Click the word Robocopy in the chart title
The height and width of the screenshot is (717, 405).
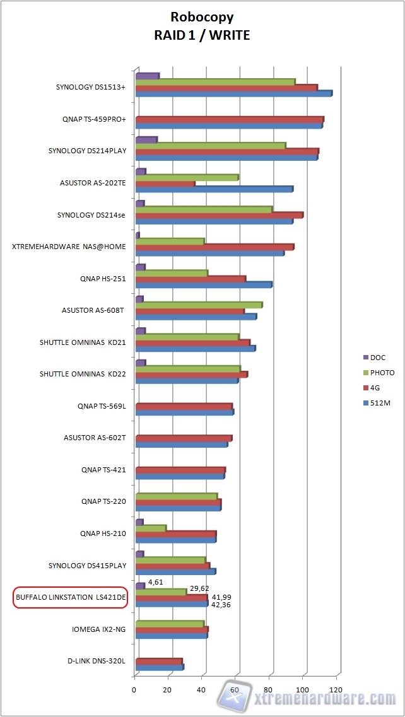point(202,17)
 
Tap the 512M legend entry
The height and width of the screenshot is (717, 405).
point(380,403)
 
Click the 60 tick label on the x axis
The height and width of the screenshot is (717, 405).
point(235,690)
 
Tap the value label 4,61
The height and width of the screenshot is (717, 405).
point(156,582)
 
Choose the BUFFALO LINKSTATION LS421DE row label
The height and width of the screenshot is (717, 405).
point(71,597)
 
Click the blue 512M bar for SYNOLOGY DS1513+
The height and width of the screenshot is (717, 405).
point(233,94)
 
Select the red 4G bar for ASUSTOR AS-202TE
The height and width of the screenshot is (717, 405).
point(165,184)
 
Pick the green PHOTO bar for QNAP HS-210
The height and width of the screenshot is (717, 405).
point(151,528)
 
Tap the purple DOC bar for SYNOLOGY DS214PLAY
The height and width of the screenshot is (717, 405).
point(146,139)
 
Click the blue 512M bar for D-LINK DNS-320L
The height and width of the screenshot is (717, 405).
point(159,667)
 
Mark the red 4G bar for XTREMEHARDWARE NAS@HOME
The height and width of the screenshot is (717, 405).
point(214,247)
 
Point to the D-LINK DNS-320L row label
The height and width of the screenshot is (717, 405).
point(97,661)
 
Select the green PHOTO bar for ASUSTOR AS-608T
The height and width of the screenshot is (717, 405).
point(199,305)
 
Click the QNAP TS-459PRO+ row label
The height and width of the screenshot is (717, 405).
point(94,119)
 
